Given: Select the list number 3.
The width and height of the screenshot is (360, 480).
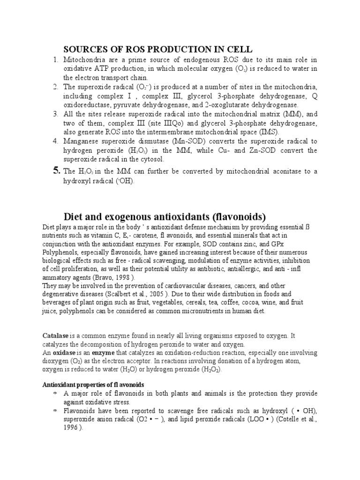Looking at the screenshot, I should [55, 114].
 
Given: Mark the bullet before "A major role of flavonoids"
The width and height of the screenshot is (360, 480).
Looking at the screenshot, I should [54, 394].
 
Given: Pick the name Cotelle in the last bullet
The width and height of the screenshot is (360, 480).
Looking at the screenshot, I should [276, 420].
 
